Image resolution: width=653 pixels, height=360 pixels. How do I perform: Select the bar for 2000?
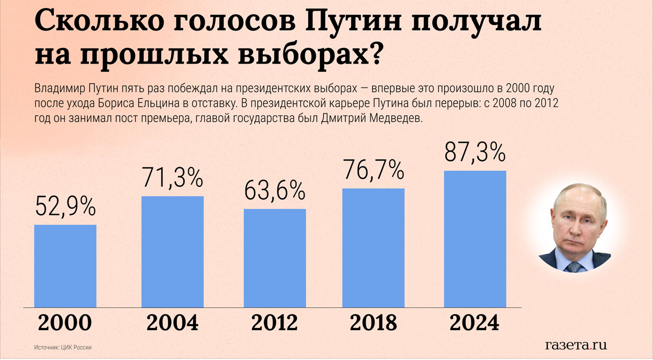65,266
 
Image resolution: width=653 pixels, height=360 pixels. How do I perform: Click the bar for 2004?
173,252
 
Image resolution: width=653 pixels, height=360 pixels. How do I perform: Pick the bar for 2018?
373,248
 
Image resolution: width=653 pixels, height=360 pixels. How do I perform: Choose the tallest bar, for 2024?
475,239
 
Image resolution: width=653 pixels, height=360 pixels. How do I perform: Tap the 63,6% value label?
274,190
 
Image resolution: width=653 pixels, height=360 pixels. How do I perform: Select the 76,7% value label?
373,170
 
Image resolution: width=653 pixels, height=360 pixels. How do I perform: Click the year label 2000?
65,324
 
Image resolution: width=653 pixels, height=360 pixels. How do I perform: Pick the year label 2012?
274,324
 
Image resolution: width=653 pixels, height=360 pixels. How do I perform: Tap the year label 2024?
475,324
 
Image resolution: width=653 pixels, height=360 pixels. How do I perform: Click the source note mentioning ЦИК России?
63,347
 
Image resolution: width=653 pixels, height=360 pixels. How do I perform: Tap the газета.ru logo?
576,345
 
